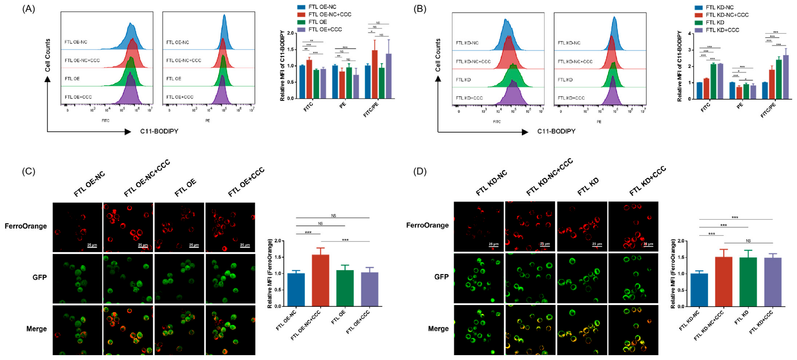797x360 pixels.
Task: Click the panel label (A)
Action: coord(29,9)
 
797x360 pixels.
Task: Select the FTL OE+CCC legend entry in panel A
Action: coord(325,30)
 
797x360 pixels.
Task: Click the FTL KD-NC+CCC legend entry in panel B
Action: coord(727,15)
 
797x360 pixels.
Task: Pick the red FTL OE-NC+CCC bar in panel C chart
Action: coord(320,280)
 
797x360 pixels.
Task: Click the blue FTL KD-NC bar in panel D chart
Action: coord(699,290)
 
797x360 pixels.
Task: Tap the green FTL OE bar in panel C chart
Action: coord(345,288)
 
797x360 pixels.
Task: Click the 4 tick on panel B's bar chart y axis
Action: coord(689,33)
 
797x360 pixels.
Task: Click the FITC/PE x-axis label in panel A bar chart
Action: coord(371,110)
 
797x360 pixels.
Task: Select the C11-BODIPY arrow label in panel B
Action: coord(556,131)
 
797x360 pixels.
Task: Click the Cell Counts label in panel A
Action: coord(48,55)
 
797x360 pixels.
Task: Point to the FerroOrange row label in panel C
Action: coord(26,226)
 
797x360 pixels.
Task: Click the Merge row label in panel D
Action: coord(438,328)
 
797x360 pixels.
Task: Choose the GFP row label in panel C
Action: coord(40,277)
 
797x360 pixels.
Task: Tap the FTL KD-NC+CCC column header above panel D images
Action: coord(549,177)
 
